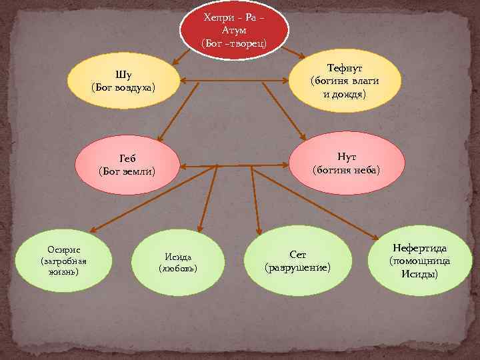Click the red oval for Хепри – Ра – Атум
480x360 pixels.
point(234,30)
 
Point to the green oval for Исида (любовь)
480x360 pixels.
point(178,262)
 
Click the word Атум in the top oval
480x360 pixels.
point(234,31)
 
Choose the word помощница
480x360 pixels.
point(420,261)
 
